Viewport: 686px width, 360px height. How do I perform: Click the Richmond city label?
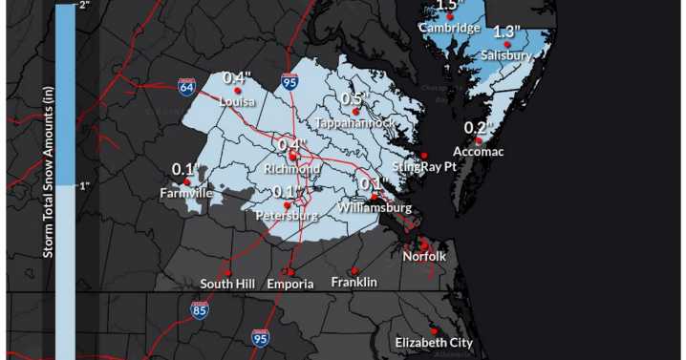tap(293, 169)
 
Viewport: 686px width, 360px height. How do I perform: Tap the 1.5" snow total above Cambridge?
tap(448, 6)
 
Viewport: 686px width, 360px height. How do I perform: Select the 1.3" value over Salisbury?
tap(507, 32)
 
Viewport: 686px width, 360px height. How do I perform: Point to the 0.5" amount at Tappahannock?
tap(354, 99)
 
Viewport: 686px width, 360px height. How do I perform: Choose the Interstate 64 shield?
tap(187, 87)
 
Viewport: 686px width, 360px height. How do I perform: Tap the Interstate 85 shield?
tap(199, 309)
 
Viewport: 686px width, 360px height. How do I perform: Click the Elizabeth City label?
tap(434, 342)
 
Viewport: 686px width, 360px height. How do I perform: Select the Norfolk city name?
tap(423, 256)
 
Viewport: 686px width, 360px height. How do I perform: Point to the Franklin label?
tap(354, 282)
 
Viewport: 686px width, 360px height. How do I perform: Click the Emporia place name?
tap(289, 284)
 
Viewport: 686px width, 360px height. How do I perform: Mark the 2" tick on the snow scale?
tap(84, 6)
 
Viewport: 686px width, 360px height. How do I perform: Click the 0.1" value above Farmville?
tap(184, 169)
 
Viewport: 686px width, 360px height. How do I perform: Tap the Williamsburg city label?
tap(375, 207)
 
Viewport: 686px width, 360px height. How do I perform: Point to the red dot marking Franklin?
tap(354, 269)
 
